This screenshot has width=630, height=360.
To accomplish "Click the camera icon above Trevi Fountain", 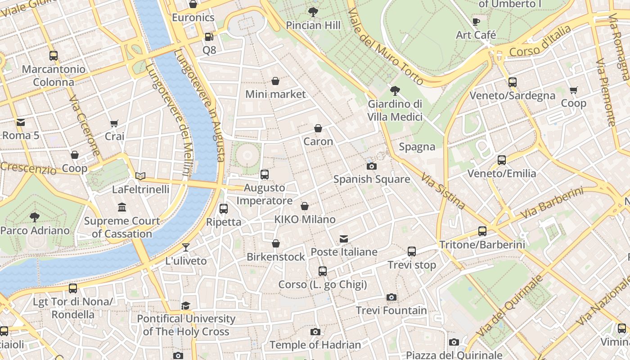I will click(391, 297).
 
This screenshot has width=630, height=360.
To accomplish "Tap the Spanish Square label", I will click(371, 179).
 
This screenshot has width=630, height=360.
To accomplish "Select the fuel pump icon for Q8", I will click(209, 37).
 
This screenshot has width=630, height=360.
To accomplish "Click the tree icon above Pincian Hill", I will click(313, 12).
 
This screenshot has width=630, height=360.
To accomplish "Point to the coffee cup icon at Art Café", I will click(476, 22).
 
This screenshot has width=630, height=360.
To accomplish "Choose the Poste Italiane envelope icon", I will click(344, 238).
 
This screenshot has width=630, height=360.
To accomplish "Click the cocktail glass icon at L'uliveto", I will click(185, 247).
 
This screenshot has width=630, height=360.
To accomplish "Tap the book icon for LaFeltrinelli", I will click(140, 176).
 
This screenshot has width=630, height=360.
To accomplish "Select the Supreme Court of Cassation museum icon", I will click(122, 207).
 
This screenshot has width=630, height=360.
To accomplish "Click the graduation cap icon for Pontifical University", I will click(186, 306).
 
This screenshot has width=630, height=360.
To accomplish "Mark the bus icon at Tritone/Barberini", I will click(482, 231).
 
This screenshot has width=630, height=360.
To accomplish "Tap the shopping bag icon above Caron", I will click(318, 128).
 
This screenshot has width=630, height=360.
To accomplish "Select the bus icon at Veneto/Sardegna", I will click(512, 82).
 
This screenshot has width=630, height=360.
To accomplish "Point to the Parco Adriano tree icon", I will click(35, 217).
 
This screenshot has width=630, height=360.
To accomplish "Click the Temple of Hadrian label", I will click(315, 345).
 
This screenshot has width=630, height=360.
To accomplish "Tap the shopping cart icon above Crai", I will click(114, 123).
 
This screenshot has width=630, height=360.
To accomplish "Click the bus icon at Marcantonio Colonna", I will click(54, 56).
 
